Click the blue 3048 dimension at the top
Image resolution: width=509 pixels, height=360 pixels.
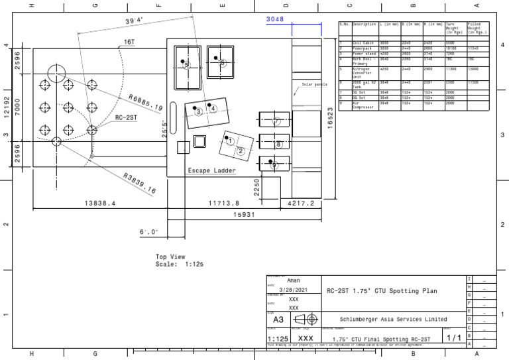click(x=275, y=19)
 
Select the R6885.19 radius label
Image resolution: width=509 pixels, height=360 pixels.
click(x=146, y=101)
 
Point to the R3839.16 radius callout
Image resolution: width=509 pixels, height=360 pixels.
click(x=140, y=184)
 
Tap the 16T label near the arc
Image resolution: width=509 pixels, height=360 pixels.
click(x=130, y=42)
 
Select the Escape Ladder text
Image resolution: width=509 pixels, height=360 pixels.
click(x=211, y=170)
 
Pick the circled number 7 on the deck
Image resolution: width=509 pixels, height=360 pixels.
click(x=276, y=121)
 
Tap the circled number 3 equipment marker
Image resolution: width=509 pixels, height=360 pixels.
click(x=198, y=112)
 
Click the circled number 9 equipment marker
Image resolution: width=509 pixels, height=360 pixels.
click(x=274, y=165)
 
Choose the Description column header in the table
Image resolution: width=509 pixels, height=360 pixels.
click(x=365, y=25)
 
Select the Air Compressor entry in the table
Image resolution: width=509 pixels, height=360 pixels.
click(x=364, y=105)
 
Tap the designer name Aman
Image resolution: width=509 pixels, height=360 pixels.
click(x=294, y=280)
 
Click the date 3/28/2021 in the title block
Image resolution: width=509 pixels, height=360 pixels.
click(x=294, y=290)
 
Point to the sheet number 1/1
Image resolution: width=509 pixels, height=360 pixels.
click(x=454, y=337)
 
